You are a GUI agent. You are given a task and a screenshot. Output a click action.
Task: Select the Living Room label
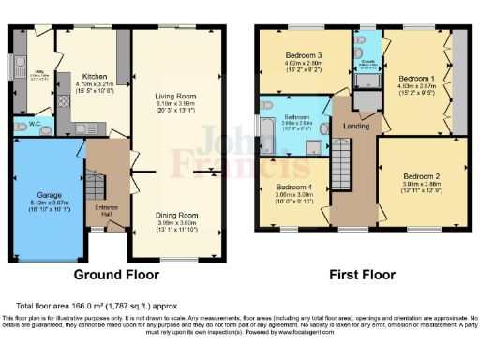(177, 96)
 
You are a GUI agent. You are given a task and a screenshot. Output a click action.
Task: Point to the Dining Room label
(176, 215)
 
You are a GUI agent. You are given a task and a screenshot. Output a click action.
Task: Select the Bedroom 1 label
(412, 78)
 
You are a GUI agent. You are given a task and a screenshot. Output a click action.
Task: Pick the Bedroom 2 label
(421, 175)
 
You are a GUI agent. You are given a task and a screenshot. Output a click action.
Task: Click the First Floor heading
(360, 276)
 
